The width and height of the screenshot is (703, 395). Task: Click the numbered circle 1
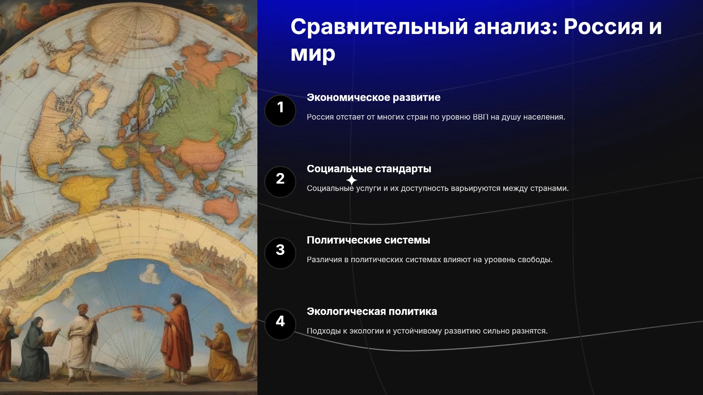(280, 110)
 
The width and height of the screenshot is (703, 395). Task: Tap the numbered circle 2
(280, 182)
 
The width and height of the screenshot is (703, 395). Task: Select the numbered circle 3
(280, 253)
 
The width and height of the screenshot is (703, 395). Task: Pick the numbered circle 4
(280, 324)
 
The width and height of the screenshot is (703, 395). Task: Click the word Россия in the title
(603, 27)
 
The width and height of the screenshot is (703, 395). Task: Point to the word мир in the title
(313, 54)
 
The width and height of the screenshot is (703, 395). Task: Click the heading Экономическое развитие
(373, 97)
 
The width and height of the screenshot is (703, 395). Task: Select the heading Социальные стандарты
(369, 169)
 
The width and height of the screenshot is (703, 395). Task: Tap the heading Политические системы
(368, 240)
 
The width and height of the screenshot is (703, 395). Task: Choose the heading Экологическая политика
(372, 311)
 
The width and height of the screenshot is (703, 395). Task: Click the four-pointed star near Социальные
(351, 180)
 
